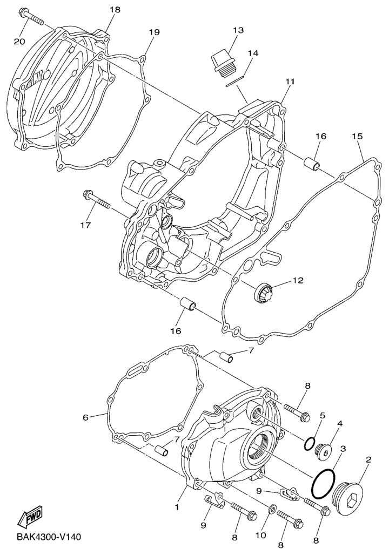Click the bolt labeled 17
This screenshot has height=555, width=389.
96,200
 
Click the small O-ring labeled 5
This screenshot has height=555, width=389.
308,443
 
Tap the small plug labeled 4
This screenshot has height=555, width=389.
324,452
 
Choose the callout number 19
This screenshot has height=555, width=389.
154,32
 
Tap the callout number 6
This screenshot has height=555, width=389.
85,418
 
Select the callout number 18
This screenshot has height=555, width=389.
115,10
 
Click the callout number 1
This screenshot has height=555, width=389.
177,507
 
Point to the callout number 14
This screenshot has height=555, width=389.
253,53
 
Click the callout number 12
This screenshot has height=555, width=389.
298,280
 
